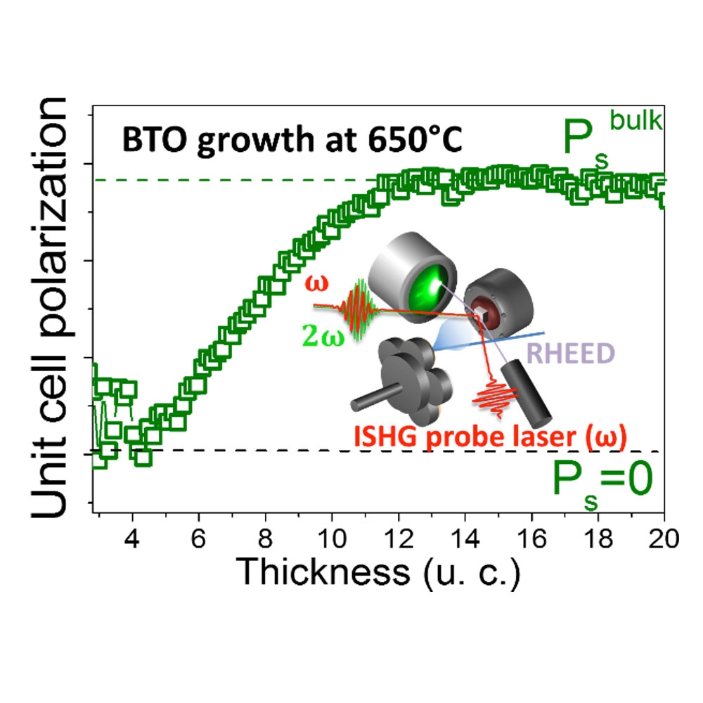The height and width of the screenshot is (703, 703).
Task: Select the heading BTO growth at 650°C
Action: click(x=292, y=139)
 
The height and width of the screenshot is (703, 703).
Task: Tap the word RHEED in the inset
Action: click(x=563, y=354)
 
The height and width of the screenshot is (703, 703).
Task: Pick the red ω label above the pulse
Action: click(x=314, y=283)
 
